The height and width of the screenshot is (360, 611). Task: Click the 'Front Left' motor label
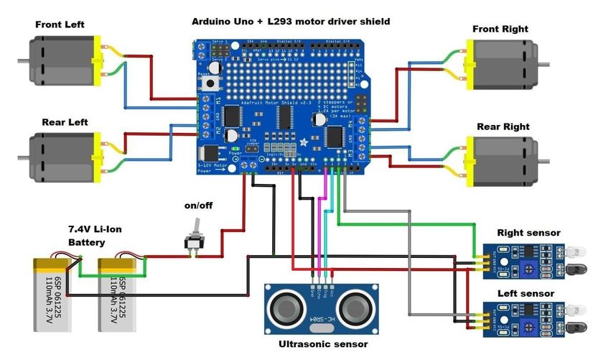(x=60, y=24)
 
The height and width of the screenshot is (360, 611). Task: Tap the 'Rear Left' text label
(x=65, y=122)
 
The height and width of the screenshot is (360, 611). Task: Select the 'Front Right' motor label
(x=500, y=29)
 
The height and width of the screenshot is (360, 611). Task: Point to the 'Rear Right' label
(x=503, y=127)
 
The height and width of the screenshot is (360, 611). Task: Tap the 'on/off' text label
(x=198, y=206)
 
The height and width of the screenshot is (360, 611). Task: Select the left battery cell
(x=55, y=293)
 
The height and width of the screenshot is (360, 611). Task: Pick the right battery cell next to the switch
(x=119, y=293)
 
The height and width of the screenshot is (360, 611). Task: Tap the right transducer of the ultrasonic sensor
(x=355, y=308)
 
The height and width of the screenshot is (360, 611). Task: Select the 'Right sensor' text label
(x=528, y=234)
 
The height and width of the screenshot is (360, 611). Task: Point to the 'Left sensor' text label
(x=526, y=294)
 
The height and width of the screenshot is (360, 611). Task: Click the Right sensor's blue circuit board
(x=519, y=259)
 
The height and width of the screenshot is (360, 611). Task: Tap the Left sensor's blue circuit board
(x=519, y=318)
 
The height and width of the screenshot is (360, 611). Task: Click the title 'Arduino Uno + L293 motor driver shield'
(x=291, y=22)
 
